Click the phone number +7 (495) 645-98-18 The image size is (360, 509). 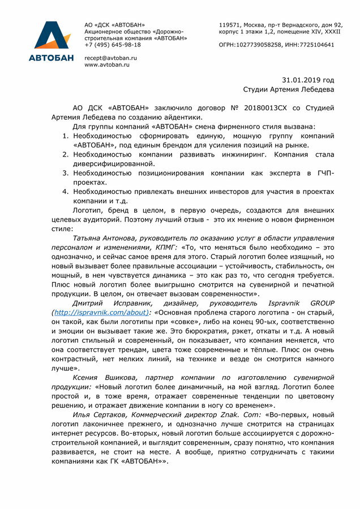pyautogui.click(x=113, y=45)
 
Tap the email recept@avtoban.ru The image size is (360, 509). pyautogui.click(x=110, y=58)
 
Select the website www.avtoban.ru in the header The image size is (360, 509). pyautogui.click(x=107, y=65)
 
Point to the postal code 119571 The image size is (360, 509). pyautogui.click(x=230, y=25)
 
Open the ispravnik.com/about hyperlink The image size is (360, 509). pyautogui.click(x=100, y=312)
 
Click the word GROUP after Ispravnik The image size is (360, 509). pyautogui.click(x=318, y=303)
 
